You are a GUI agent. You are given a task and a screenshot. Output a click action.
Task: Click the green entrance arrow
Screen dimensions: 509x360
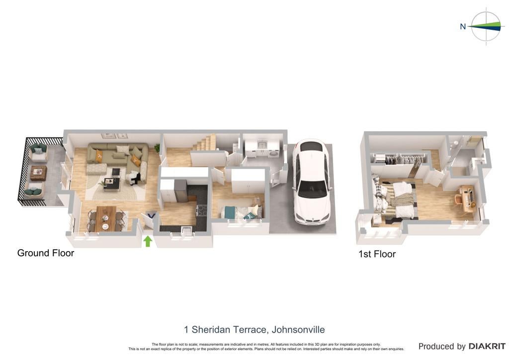tap(148, 241)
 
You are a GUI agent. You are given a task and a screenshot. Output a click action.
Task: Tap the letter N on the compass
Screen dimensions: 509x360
tap(463, 26)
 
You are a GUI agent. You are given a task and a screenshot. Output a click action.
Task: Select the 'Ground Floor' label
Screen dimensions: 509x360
tap(46, 253)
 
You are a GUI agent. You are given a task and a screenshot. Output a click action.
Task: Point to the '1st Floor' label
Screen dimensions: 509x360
tap(377, 254)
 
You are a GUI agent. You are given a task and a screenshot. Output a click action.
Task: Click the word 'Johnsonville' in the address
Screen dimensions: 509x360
tap(298, 330)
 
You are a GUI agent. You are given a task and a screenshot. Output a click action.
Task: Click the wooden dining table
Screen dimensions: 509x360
tap(106, 218)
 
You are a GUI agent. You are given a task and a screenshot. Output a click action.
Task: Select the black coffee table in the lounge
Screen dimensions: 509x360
tap(112, 183)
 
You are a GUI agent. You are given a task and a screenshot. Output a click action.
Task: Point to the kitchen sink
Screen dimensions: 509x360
tap(187, 229)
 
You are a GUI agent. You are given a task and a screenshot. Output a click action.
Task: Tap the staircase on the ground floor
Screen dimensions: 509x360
tap(204, 143)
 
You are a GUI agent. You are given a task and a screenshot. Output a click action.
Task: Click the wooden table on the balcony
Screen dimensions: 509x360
tap(38, 173)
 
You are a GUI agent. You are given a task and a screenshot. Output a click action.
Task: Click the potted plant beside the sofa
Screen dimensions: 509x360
tap(157, 148)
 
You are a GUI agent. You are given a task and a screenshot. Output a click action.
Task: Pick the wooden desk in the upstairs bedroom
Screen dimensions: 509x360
tap(467, 198)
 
